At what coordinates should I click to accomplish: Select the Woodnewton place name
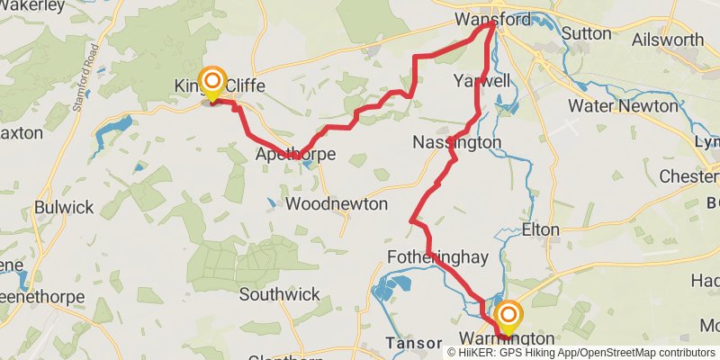click(336, 204)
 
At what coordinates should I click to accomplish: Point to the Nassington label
click(456, 142)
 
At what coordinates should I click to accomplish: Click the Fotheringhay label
click(437, 258)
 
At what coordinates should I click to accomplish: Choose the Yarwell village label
click(482, 81)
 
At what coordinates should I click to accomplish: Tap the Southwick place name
click(280, 294)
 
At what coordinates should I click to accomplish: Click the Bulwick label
click(63, 207)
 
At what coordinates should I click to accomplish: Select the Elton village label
click(540, 230)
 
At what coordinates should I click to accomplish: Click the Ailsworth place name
click(668, 40)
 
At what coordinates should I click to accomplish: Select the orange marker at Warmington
click(508, 315)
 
